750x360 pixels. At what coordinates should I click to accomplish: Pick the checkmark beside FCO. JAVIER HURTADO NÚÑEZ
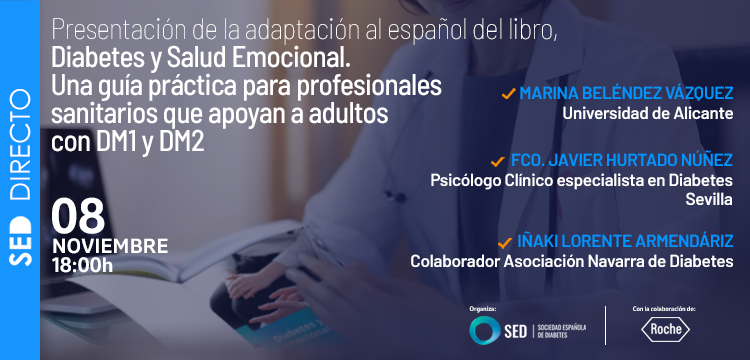coord(495,161)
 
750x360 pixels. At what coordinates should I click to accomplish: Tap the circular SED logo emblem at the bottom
coord(487,329)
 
